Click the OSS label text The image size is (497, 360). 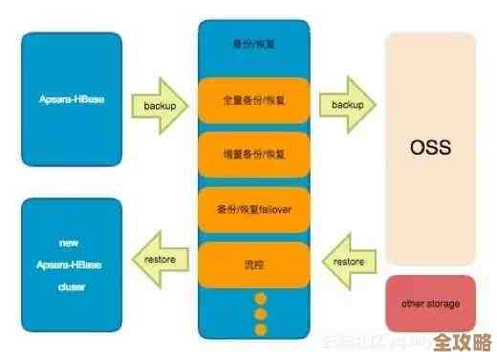[430, 149]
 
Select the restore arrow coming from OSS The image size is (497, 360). [347, 261]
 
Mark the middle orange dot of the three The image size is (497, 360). [259, 313]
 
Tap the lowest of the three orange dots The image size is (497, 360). [259, 329]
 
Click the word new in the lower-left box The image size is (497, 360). [72, 243]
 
